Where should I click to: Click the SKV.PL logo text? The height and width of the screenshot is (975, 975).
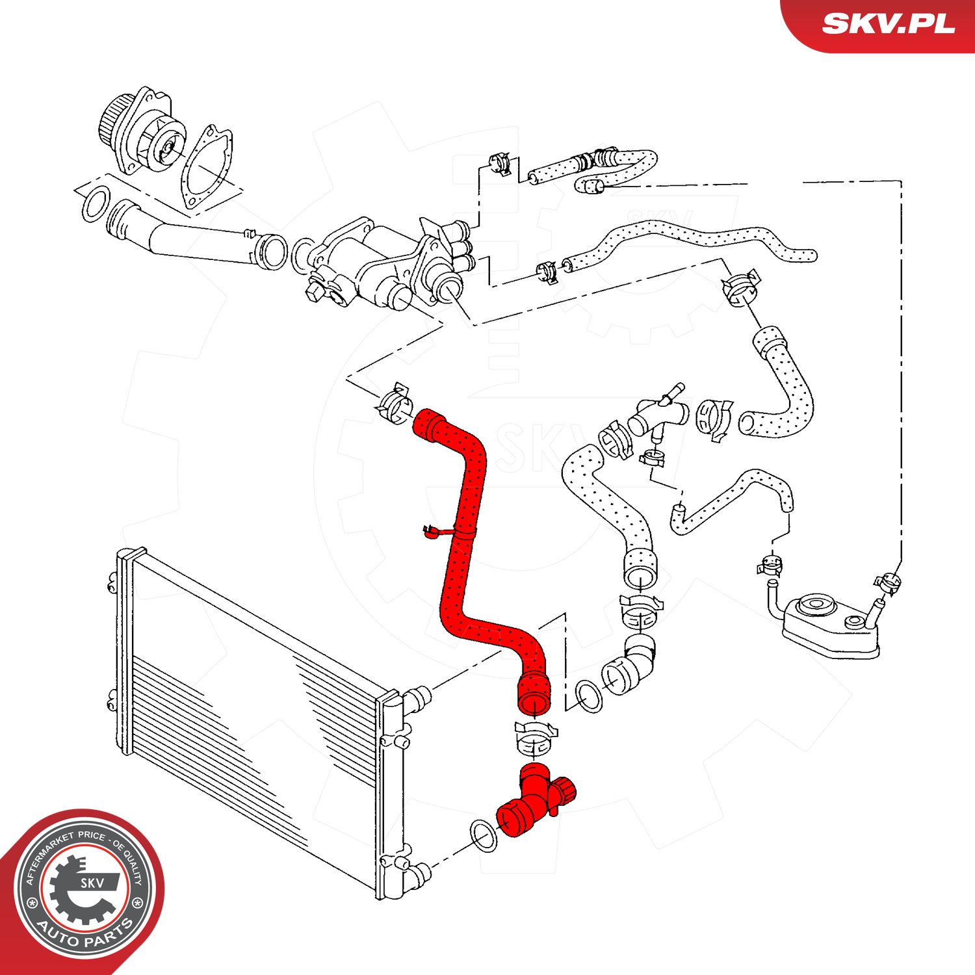tap(888, 24)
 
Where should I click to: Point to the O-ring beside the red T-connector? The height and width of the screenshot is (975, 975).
tap(482, 837)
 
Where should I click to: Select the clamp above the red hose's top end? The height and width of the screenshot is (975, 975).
tap(394, 404)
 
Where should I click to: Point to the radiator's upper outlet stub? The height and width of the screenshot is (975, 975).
tap(417, 699)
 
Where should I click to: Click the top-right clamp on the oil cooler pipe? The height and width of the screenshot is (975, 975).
tap(888, 580)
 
